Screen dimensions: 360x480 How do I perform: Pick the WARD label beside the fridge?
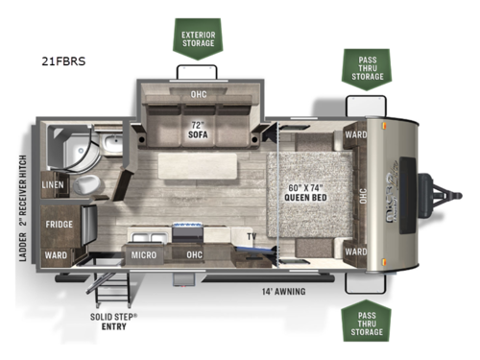point(55,255)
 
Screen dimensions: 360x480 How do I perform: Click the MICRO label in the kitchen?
point(146,254)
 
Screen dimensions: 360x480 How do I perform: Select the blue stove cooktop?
point(185,230)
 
